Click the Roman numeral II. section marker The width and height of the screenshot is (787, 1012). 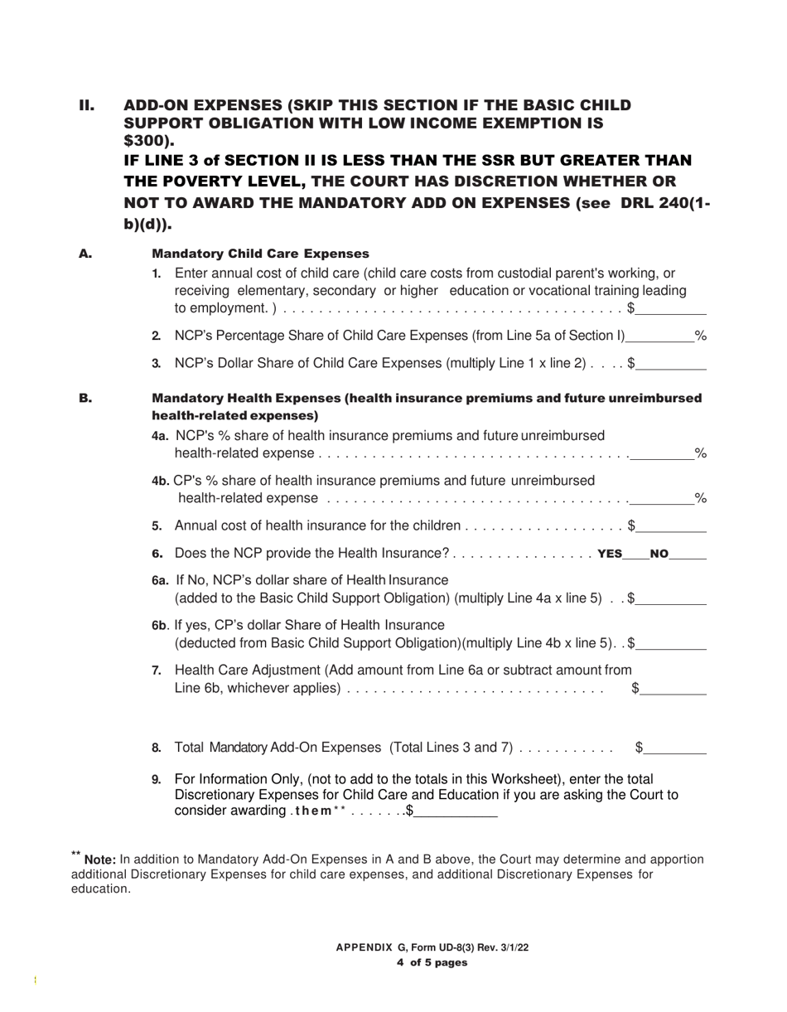point(87,105)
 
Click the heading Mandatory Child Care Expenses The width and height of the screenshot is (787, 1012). point(260,254)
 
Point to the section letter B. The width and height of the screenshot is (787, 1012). point(85,399)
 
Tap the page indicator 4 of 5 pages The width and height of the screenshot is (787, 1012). point(432,962)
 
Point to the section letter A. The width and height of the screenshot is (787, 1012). point(85,254)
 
